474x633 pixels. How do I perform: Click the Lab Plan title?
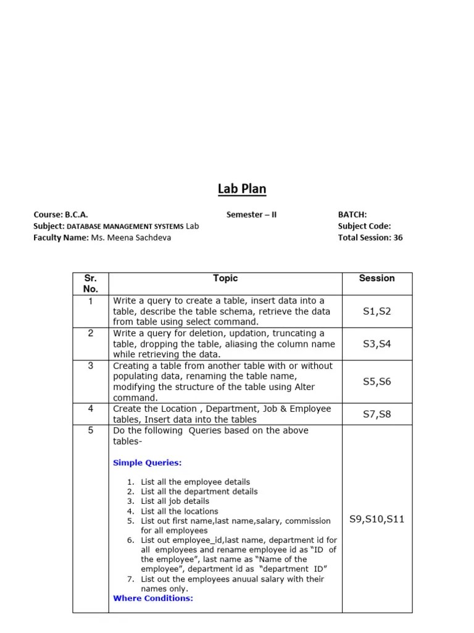(x=242, y=189)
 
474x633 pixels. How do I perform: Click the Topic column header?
(x=225, y=278)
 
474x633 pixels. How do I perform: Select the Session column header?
(x=376, y=278)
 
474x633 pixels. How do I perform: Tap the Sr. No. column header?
(x=91, y=283)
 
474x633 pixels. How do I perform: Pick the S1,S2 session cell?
(x=376, y=312)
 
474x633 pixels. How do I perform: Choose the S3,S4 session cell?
(x=376, y=344)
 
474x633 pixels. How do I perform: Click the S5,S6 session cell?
(x=376, y=381)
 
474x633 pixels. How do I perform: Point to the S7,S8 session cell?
(x=376, y=414)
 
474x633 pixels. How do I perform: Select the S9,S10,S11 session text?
(x=376, y=519)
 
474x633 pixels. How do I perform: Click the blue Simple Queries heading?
(x=148, y=462)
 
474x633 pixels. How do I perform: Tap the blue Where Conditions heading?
(x=153, y=598)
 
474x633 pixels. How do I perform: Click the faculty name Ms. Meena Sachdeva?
(x=131, y=237)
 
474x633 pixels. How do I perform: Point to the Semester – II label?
(x=252, y=215)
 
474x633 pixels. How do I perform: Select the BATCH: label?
(x=352, y=215)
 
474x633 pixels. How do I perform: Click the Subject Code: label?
(x=364, y=226)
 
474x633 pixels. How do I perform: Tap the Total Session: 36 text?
(x=370, y=237)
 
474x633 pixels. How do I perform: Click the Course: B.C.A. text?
(x=65, y=215)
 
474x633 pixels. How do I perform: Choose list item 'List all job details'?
(x=175, y=501)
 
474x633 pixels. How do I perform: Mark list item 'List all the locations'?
(x=179, y=511)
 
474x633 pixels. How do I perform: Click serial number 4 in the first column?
(x=91, y=409)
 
